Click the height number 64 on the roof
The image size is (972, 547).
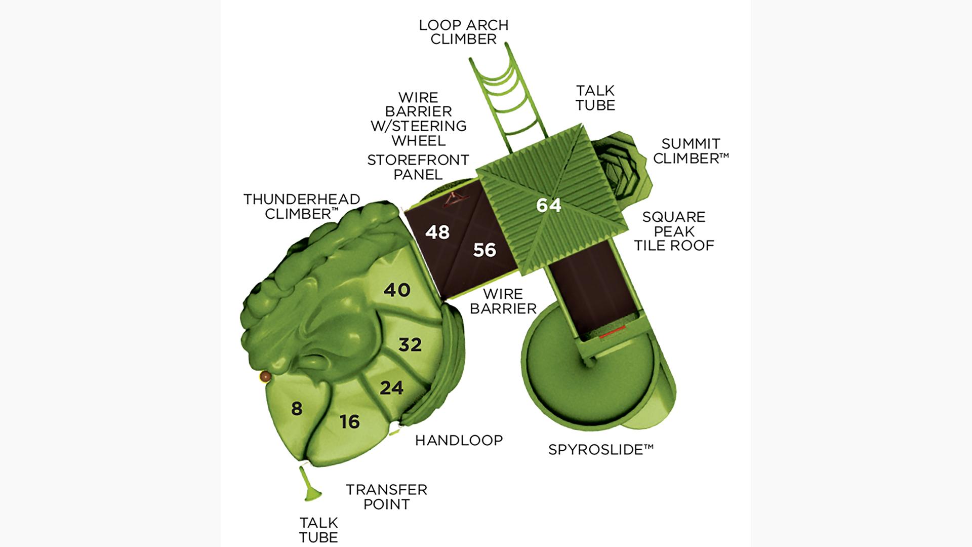[x=549, y=205]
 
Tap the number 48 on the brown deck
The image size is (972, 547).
[x=437, y=232]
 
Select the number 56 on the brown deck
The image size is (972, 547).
[x=484, y=250]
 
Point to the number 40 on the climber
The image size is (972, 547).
[x=397, y=290]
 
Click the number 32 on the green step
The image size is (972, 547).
[x=410, y=344]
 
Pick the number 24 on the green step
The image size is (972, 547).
[x=392, y=388]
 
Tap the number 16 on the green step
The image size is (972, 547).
[x=350, y=421]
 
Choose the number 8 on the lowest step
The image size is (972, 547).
[x=297, y=408]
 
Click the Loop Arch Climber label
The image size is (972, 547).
[x=464, y=32]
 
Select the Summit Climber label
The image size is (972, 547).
[x=691, y=151]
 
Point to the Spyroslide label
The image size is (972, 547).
[x=601, y=449]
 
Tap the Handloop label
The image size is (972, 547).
[x=459, y=440]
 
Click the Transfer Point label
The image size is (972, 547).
[x=387, y=497]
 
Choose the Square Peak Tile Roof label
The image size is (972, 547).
[x=674, y=231]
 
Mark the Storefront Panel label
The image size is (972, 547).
[x=418, y=167]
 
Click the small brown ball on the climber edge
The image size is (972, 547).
[x=265, y=377]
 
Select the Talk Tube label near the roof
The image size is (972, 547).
[x=595, y=98]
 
